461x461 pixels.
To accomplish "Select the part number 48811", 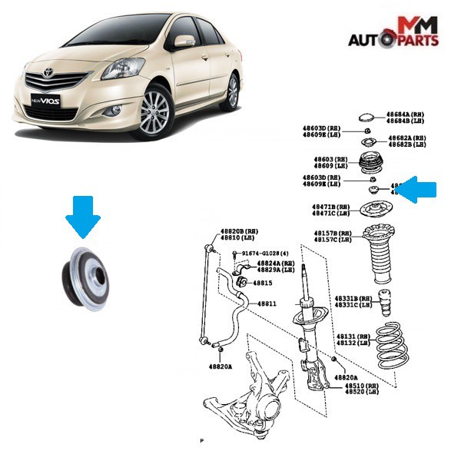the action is pos(267,303).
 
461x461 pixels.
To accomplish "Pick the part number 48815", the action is pos(264,283).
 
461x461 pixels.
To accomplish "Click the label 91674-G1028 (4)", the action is pos(266,254).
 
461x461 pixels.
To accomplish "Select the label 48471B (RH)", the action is pos(330,207).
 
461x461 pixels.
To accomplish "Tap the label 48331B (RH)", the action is pos(353,298).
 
